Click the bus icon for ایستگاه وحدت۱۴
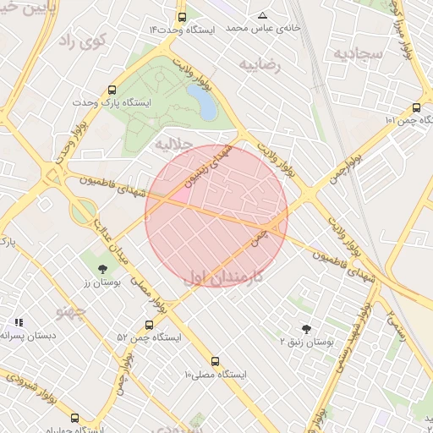(182, 18)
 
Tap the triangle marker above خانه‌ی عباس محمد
(262, 16)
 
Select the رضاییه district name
(260, 64)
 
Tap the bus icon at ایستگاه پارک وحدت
(112, 90)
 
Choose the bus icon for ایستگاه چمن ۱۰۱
(416, 107)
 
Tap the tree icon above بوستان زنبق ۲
(306, 329)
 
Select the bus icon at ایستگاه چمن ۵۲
(150, 325)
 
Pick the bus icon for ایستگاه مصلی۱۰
(215, 361)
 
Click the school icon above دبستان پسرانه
(19, 322)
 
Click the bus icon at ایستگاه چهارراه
(74, 418)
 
